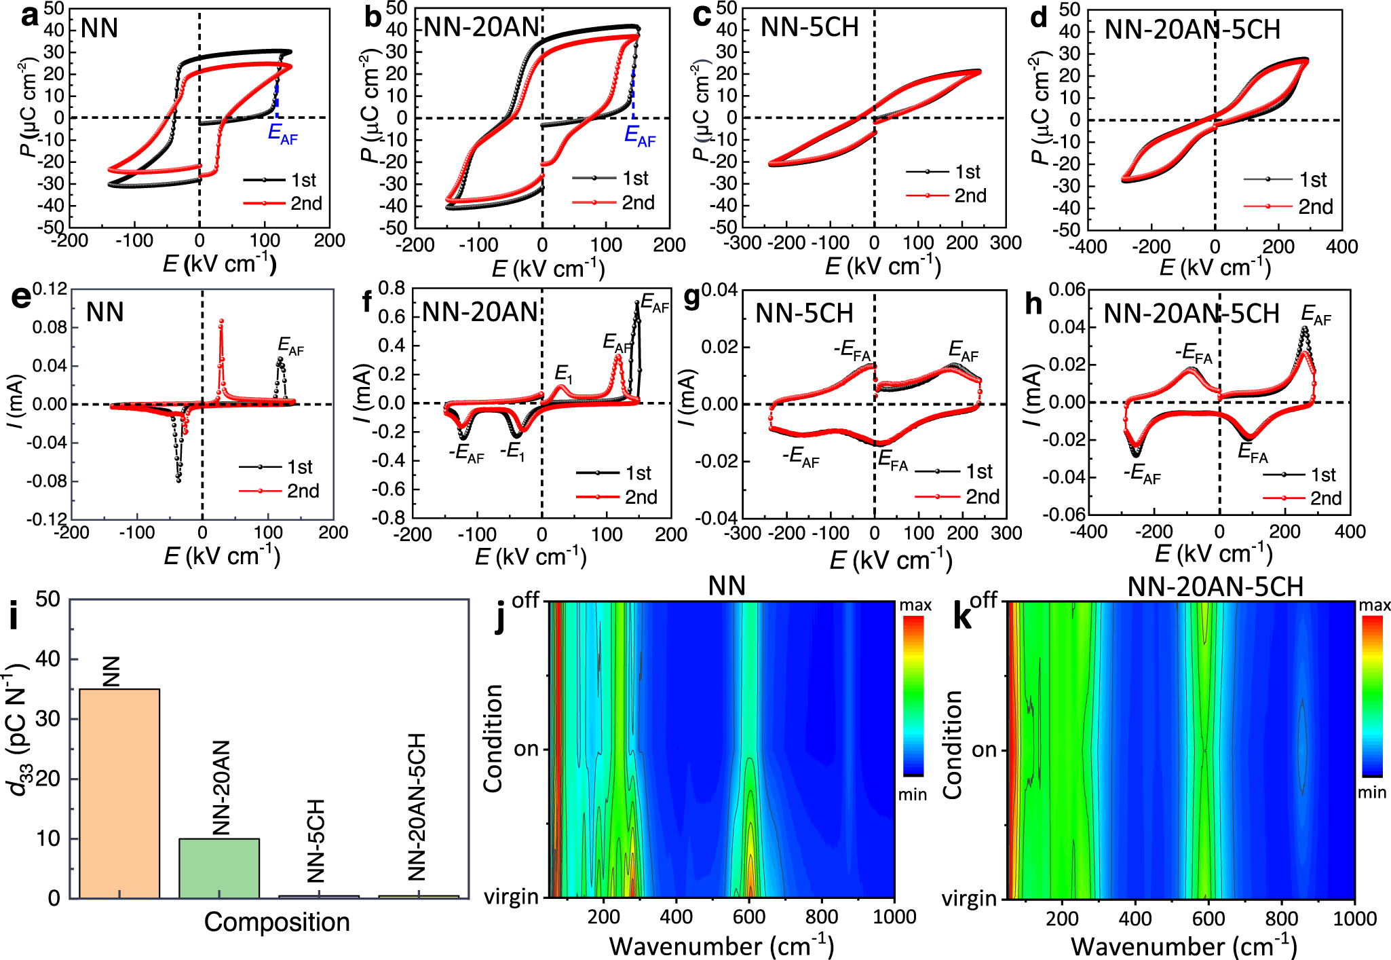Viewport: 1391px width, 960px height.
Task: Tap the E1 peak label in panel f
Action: click(x=563, y=373)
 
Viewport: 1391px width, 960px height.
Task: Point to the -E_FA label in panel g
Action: click(x=852, y=350)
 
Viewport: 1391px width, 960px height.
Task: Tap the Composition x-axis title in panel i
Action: click(x=277, y=922)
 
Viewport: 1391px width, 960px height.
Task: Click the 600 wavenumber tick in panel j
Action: click(x=749, y=917)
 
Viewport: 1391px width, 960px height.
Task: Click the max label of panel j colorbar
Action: click(x=915, y=605)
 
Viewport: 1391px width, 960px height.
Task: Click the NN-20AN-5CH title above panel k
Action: click(x=1215, y=587)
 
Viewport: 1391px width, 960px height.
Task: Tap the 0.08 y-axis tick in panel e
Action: click(x=50, y=328)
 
